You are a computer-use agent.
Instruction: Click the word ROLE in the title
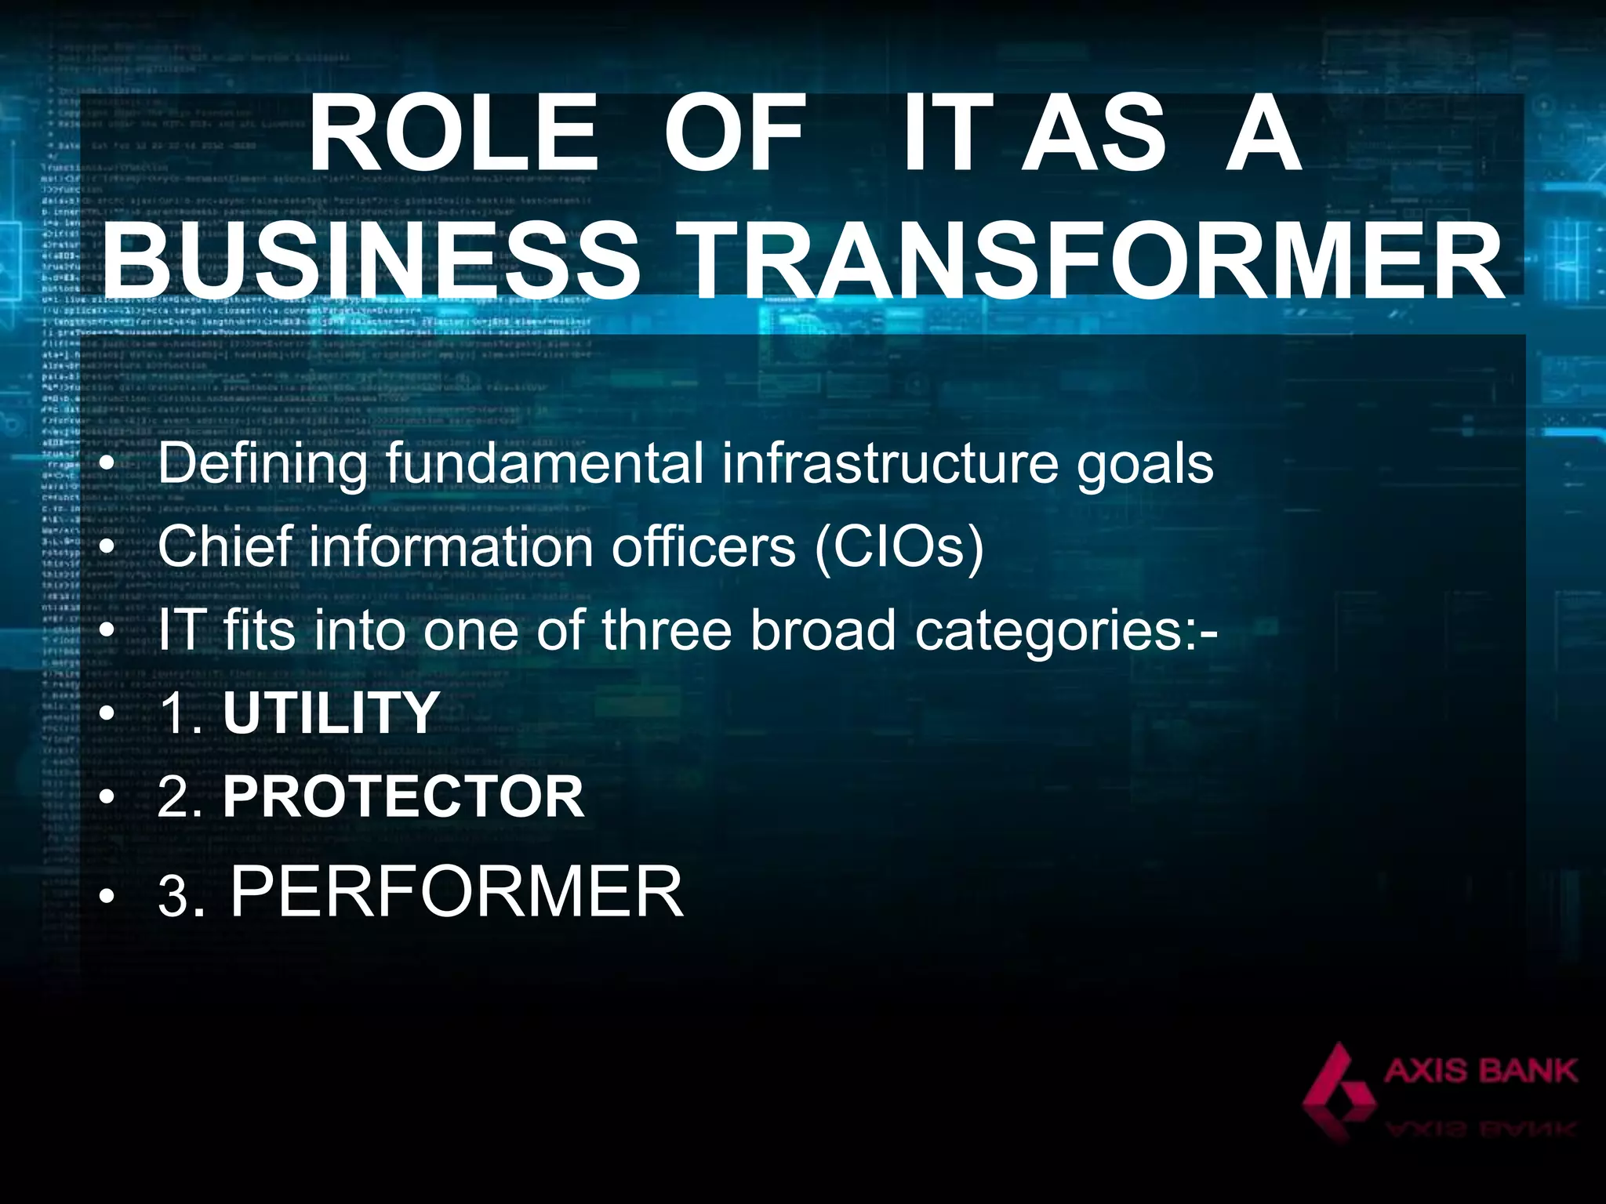click(453, 134)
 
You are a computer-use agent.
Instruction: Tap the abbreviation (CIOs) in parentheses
click(899, 548)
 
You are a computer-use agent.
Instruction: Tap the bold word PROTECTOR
click(404, 796)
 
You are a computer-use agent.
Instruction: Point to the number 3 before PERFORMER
click(173, 897)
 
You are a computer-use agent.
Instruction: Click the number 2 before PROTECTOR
click(173, 797)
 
